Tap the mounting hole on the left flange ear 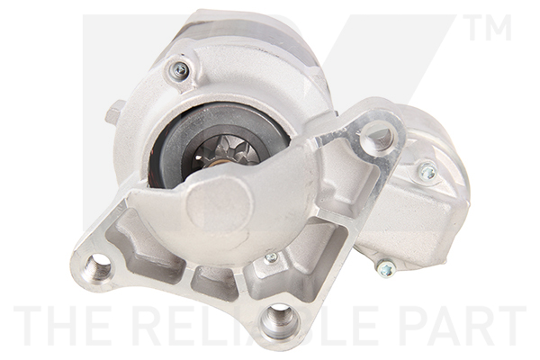coord(96,265)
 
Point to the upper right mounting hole coord(376,138)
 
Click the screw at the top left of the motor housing coord(179,69)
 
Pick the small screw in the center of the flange coord(271,258)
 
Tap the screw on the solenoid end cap coord(427,171)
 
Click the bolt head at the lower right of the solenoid coord(385,267)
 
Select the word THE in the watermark coord(56,327)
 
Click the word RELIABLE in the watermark coord(261,327)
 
